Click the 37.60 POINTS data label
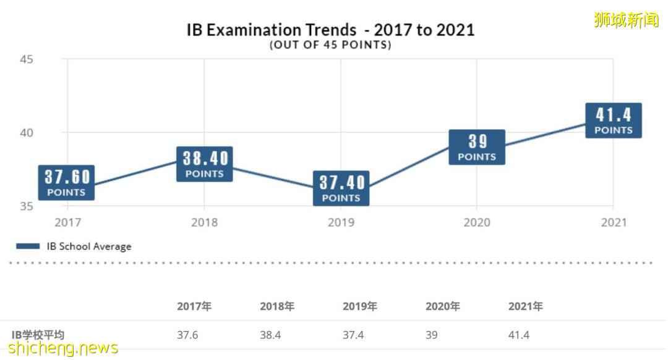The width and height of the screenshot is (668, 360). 66,183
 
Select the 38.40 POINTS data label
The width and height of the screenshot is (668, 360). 205,165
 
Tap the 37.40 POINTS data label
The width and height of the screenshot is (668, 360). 341,189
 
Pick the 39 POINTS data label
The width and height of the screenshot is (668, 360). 477,147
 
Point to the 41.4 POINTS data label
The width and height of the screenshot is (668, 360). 614,121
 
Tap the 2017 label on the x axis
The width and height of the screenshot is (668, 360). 67,223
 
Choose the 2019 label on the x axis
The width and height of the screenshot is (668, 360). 341,223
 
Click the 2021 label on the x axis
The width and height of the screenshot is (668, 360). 614,223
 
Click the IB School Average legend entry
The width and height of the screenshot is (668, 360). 74,246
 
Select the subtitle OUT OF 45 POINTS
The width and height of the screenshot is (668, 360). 330,46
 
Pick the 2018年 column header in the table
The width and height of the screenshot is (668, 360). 277,306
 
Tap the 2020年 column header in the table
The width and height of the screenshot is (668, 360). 443,306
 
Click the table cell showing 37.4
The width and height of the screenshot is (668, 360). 353,335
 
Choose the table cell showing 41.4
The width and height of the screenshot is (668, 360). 519,335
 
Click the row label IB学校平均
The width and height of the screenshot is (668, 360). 38,335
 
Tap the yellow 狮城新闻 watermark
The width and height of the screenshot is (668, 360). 626,20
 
